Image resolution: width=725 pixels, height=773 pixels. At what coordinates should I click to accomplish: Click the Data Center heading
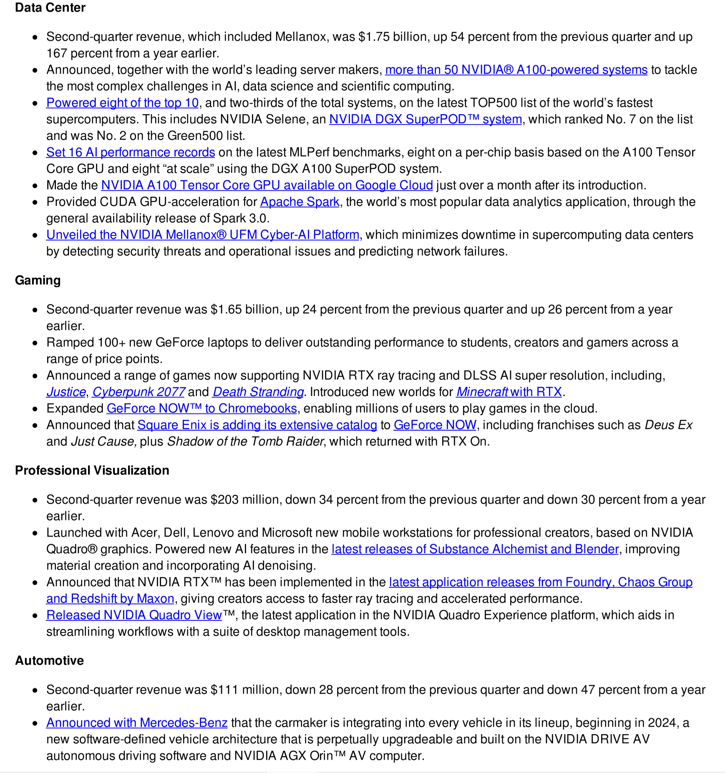coord(50,8)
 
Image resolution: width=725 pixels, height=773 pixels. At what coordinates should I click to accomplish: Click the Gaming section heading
coord(38,280)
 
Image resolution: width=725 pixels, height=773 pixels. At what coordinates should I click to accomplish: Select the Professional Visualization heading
coord(92,470)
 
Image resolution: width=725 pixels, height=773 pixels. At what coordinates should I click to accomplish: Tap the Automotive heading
coord(49,660)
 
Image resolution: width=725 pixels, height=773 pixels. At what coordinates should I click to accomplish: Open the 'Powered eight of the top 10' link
coord(122,103)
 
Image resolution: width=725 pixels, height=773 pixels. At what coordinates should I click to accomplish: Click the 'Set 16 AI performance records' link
coord(131,152)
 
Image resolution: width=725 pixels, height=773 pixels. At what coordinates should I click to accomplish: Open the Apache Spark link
coord(300,202)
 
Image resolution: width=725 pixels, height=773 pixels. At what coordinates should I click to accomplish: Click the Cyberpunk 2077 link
coord(138,392)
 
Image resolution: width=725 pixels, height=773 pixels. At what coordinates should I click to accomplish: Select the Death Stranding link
coord(258,392)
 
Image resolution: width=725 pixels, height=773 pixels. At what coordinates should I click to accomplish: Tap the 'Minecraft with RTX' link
coord(509,392)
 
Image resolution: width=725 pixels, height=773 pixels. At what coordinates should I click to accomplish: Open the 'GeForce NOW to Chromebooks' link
coord(202,408)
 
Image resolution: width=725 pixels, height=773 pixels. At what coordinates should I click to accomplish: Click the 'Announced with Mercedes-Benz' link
coord(137,723)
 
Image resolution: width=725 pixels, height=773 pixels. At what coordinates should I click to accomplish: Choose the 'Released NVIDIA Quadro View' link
coord(134,615)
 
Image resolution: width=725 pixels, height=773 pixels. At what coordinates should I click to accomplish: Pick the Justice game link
coord(66,392)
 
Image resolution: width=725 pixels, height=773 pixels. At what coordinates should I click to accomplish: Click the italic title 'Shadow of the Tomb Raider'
coord(245,441)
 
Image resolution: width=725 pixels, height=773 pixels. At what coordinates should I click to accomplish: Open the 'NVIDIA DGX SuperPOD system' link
coord(425,119)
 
